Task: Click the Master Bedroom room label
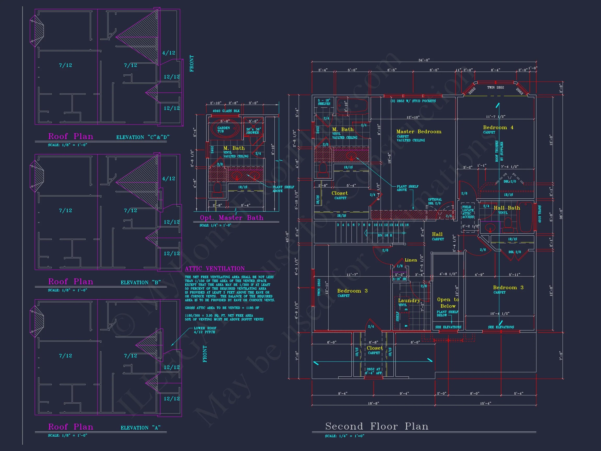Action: pos(418,132)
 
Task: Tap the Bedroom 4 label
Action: pos(498,128)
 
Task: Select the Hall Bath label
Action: pos(507,208)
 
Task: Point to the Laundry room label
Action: pos(409,300)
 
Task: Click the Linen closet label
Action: pos(411,260)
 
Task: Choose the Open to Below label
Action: pos(448,302)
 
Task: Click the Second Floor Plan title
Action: pos(377,426)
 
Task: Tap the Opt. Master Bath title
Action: pos(231,218)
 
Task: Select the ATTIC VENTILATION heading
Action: pos(215,269)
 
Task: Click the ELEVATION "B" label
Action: pos(141,282)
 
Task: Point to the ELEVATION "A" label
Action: pos(141,428)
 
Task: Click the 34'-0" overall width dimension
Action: pos(424,60)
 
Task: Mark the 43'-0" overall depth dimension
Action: pos(287,236)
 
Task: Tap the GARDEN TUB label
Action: pos(223,129)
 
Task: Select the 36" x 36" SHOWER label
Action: pos(253,131)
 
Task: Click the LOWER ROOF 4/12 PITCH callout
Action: pos(205,330)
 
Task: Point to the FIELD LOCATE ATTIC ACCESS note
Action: pos(468,212)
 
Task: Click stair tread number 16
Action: pos(407,225)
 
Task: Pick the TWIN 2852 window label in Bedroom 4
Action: pos(495,87)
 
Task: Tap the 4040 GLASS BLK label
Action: pos(226,111)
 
